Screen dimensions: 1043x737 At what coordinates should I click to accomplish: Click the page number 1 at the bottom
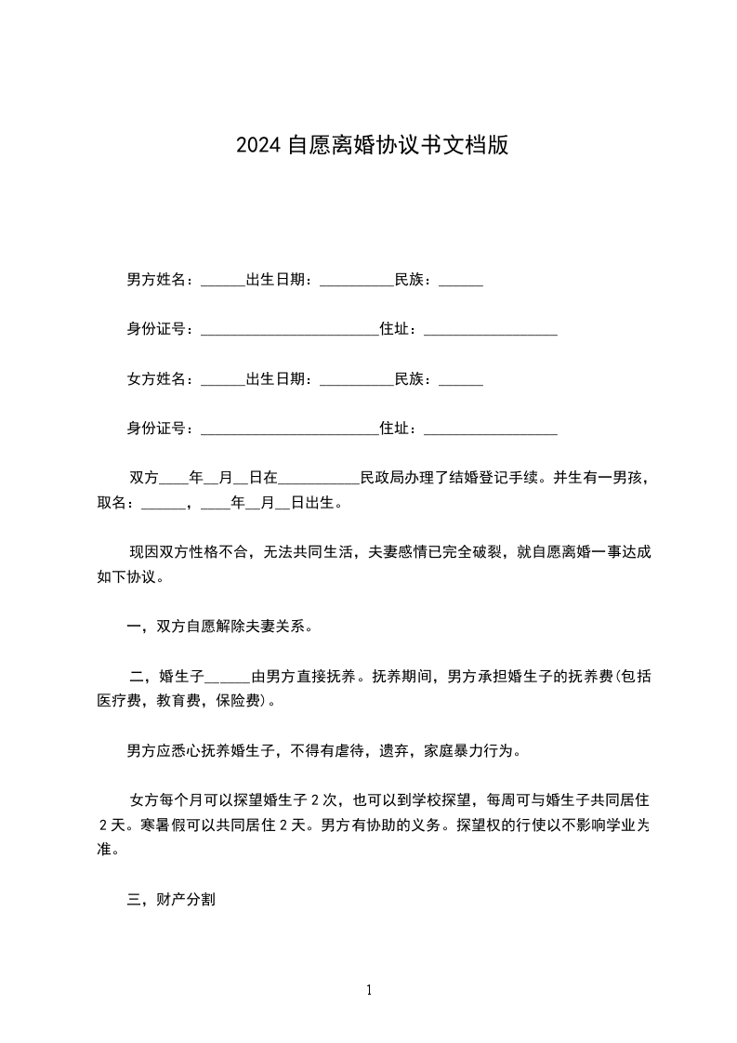369,990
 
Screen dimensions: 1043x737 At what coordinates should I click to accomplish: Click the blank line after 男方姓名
222,282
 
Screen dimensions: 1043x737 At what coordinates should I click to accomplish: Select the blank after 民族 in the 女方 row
460,382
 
